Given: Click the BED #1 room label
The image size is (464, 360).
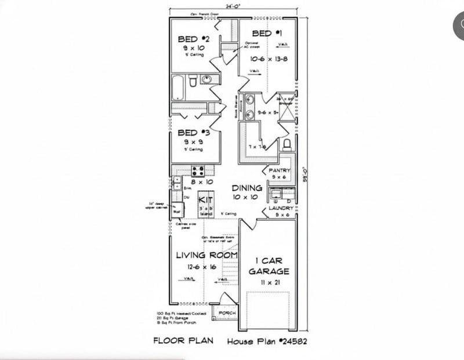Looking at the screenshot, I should [x=267, y=34].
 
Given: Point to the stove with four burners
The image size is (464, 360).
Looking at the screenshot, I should [x=197, y=171].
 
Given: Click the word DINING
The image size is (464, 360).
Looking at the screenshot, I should [x=246, y=188].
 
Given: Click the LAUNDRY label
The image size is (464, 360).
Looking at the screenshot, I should [x=281, y=208].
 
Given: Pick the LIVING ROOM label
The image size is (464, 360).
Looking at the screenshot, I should [x=207, y=255].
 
